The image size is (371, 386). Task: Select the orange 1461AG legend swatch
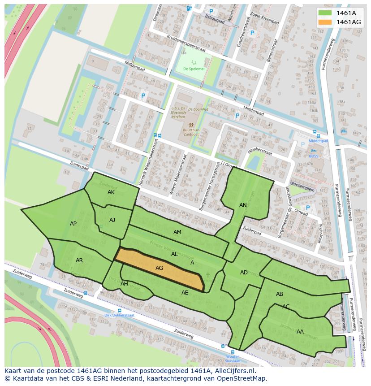(325, 22)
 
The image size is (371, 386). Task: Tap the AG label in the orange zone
(159, 268)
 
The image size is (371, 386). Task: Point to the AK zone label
(111, 192)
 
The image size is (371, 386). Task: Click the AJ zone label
(112, 220)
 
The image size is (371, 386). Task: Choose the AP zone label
(73, 223)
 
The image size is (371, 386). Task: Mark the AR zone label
(79, 260)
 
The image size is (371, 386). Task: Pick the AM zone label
(177, 232)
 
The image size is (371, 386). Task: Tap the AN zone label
(243, 205)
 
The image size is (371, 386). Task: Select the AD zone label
(244, 273)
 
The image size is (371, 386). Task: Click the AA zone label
(300, 331)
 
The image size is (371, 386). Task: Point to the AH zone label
(124, 284)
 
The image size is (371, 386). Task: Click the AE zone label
(185, 292)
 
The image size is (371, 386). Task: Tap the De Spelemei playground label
(194, 69)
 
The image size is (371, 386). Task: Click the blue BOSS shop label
(313, 156)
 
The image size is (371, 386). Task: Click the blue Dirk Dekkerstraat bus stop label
(119, 315)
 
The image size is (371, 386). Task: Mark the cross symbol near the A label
(207, 274)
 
